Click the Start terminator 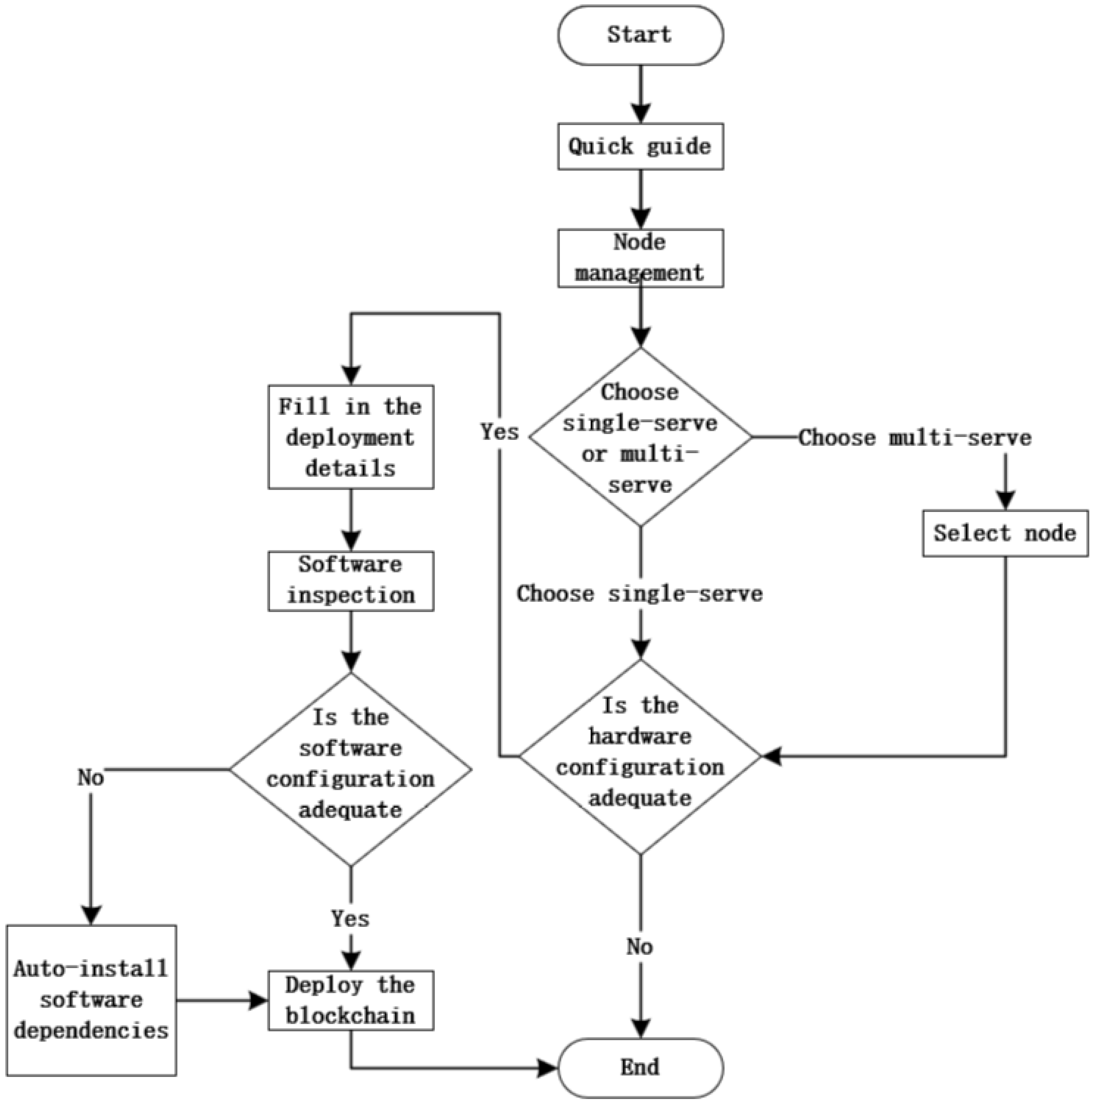click(x=640, y=35)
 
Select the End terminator click(x=640, y=1067)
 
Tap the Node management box click(x=640, y=258)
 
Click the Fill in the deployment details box click(x=350, y=437)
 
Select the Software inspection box click(x=350, y=580)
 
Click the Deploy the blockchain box click(x=350, y=1000)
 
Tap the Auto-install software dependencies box click(x=91, y=1000)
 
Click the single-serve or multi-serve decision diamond click(x=640, y=437)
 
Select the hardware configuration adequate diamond click(x=640, y=757)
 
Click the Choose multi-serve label click(x=914, y=438)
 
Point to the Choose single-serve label click(x=640, y=594)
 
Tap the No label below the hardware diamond click(x=639, y=947)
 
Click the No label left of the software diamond click(x=91, y=778)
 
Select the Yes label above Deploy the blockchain click(x=350, y=919)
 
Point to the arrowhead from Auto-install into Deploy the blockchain click(x=258, y=1000)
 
